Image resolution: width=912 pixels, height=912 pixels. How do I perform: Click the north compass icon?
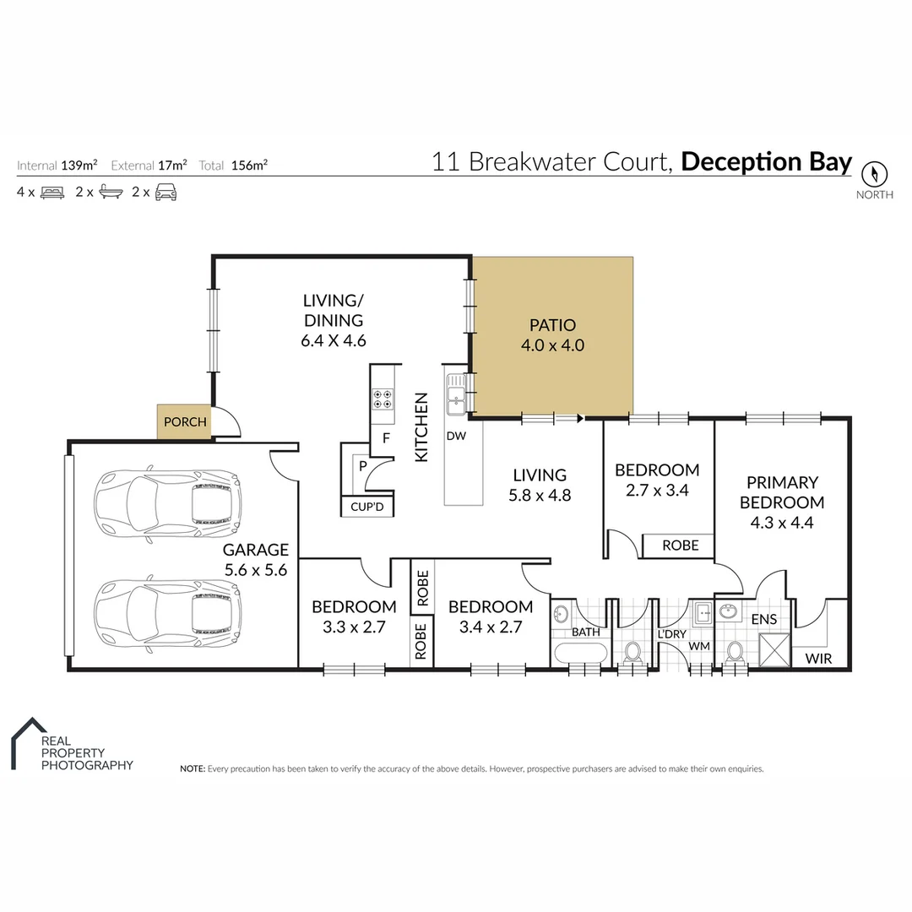(875, 175)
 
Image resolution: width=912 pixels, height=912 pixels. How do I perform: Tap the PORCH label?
(185, 421)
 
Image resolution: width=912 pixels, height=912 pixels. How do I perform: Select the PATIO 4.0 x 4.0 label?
(552, 335)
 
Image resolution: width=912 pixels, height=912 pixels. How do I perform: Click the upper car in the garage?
(167, 504)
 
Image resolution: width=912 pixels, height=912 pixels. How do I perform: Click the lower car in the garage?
(167, 611)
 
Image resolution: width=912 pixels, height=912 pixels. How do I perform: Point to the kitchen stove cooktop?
(383, 399)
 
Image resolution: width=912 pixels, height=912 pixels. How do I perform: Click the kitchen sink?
(456, 394)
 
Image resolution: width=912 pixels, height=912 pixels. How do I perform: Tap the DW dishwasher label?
(457, 436)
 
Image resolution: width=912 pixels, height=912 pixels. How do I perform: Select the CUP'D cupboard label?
(366, 507)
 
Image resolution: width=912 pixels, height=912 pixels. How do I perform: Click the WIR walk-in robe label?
(818, 658)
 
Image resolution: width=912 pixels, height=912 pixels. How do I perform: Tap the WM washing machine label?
(698, 646)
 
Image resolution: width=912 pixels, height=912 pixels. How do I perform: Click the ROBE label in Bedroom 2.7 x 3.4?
(680, 546)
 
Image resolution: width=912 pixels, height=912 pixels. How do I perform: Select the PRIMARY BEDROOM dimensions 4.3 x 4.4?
(782, 522)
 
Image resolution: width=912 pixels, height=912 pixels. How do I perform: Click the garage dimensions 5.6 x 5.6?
(256, 570)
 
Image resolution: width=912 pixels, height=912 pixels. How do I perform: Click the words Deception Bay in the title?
(766, 161)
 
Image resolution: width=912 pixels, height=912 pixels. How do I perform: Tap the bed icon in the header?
(52, 193)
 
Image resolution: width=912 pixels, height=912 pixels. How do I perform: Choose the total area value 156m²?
(249, 166)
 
